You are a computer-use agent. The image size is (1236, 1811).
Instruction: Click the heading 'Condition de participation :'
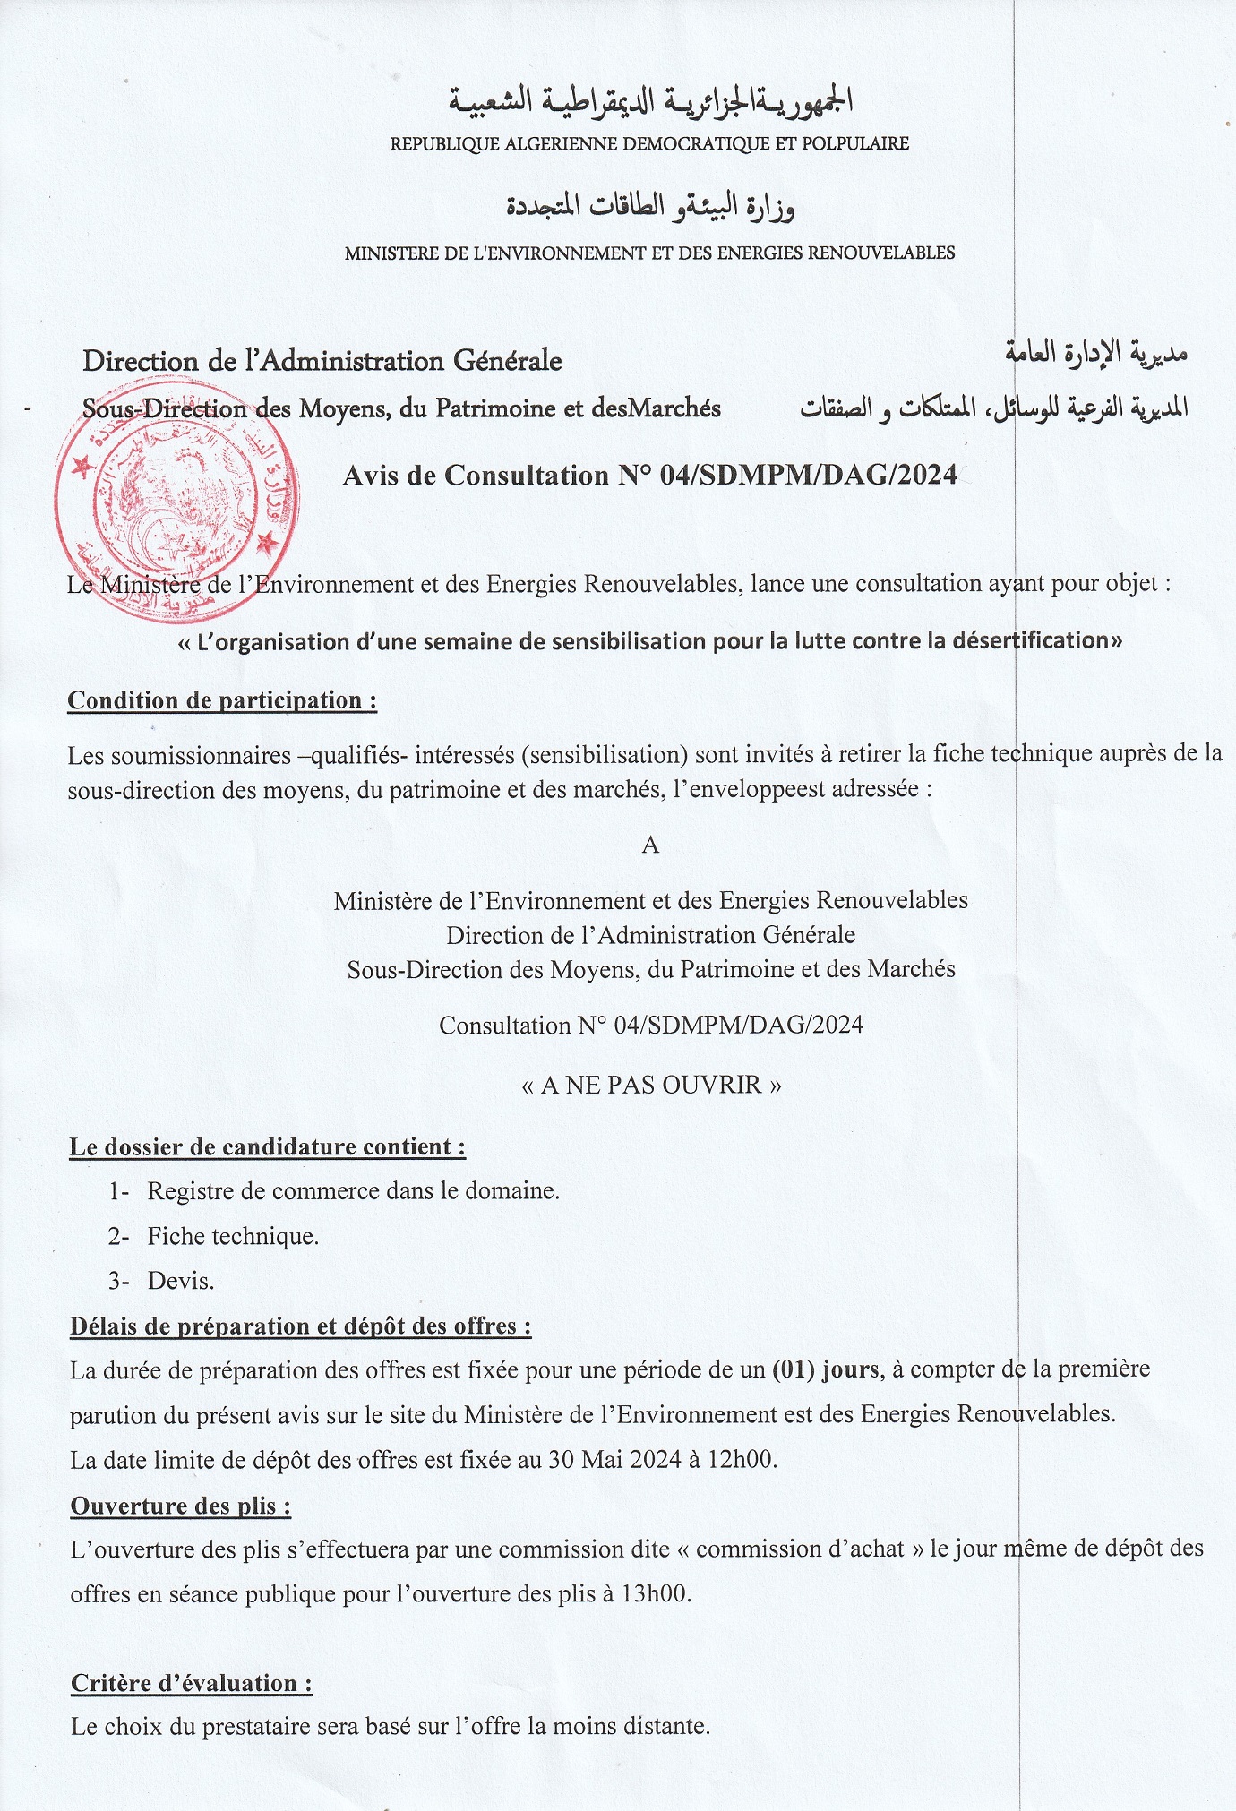coord(222,700)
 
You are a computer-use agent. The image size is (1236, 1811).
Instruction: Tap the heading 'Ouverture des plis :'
coord(181,1506)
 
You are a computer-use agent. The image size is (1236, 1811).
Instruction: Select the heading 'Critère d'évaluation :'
coord(192,1683)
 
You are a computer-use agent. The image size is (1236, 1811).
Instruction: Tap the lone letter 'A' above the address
coord(650,845)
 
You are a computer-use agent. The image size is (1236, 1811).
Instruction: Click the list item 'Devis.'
coord(181,1281)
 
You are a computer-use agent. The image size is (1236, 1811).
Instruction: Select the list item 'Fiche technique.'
coord(233,1236)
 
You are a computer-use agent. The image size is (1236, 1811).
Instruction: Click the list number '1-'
coord(119,1191)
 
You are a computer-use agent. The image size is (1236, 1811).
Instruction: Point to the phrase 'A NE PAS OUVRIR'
coord(651,1086)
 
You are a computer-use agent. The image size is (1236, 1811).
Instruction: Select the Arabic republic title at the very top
coord(651,100)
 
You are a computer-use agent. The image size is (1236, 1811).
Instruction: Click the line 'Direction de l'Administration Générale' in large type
coord(322,361)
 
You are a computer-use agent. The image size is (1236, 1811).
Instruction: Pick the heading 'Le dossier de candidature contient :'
coord(268,1147)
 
